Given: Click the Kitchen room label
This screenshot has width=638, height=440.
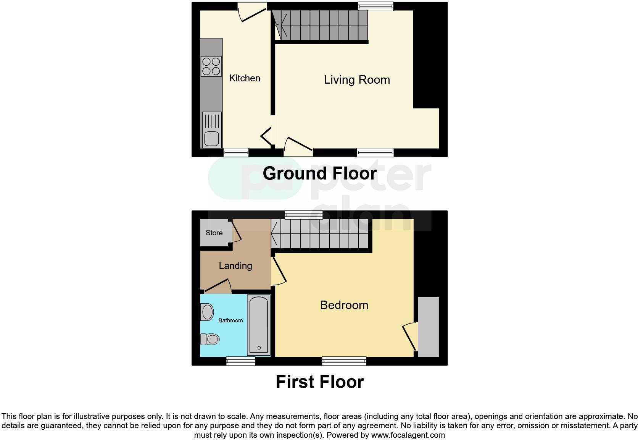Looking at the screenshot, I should tap(245, 78).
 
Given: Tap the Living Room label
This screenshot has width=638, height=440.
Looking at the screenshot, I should tap(357, 80).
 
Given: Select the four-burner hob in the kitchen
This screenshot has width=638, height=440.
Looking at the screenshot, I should tap(211, 66).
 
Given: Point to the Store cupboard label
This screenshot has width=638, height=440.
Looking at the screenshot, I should tap(214, 233).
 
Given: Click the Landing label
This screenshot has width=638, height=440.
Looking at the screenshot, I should tap(235, 266).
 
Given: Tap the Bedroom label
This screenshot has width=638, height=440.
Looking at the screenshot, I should tap(344, 305).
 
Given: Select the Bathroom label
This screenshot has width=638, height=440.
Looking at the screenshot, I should tap(230, 320).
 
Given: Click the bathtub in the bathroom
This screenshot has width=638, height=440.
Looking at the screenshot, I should tap(259, 325).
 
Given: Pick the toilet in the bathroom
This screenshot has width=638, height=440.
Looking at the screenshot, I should tap(211, 339).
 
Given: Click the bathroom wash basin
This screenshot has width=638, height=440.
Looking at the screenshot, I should tap(207, 312).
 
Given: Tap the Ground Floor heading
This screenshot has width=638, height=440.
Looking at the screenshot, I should tap(319, 173).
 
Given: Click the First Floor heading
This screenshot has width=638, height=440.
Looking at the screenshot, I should tap(319, 382).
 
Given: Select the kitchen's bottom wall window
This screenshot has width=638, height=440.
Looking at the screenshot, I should tap(236, 152).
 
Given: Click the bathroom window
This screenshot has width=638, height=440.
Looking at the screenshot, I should tap(241, 361).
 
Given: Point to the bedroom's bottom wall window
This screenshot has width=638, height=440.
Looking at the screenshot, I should tap(344, 361).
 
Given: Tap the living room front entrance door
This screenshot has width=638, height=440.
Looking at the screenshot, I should tap(298, 147).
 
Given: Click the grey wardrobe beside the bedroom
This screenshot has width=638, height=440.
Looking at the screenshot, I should tap(429, 327).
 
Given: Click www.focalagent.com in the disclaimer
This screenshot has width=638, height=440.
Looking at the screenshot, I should tap(408, 435).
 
